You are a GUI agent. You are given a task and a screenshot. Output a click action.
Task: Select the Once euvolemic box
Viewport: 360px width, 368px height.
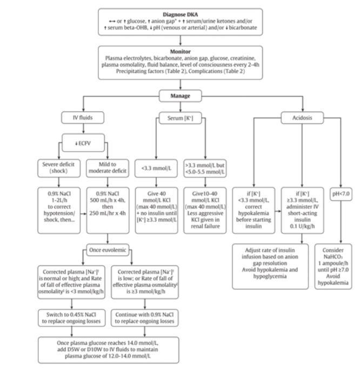(111, 248)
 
